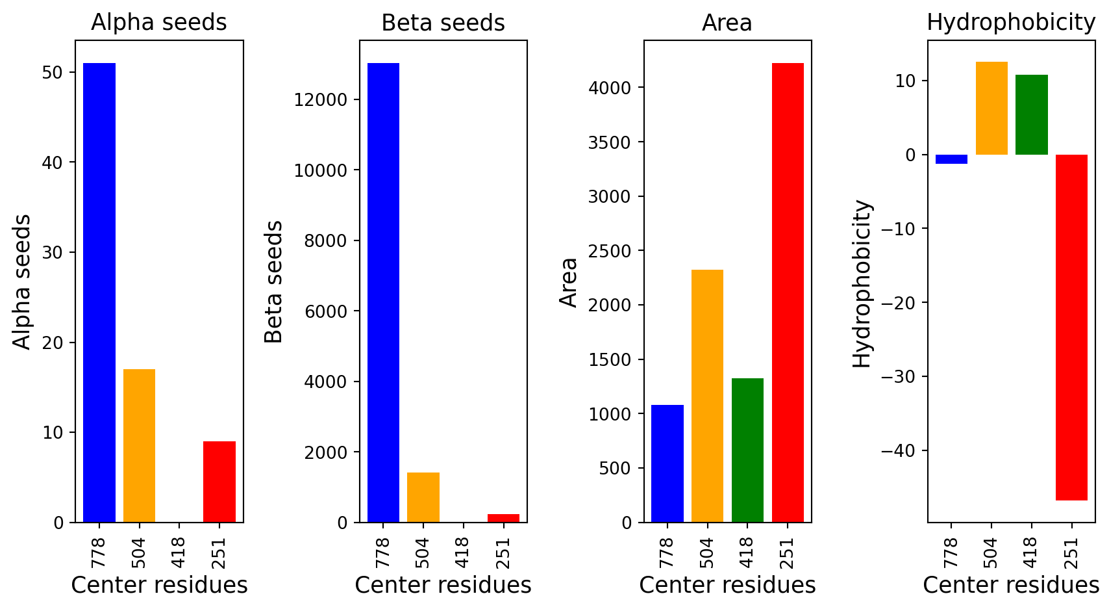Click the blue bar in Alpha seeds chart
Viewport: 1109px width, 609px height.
(99, 292)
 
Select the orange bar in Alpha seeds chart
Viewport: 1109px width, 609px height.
(139, 445)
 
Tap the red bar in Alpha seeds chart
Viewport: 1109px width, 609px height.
(219, 482)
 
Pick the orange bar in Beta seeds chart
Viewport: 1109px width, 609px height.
(423, 497)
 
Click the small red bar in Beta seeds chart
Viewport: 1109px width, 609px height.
(503, 518)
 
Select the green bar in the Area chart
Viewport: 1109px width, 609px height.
(747, 450)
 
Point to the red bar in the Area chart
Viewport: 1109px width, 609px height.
(788, 292)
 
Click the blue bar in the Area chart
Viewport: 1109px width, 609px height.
(667, 463)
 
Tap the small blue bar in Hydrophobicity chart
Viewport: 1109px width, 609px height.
(952, 159)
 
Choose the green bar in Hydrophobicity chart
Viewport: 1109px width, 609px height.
(1032, 114)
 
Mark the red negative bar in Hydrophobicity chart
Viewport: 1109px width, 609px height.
(1072, 328)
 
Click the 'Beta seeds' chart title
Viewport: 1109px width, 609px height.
(443, 23)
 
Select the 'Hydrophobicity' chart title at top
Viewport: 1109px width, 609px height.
(1012, 23)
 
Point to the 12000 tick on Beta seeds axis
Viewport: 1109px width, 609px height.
(321, 99)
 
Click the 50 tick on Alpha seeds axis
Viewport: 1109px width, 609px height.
(53, 72)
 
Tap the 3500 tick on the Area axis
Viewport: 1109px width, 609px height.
(610, 142)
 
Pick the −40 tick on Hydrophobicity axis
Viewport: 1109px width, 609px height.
(897, 450)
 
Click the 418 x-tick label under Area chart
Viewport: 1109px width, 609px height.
(747, 553)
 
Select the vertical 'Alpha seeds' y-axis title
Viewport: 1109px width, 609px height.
(21, 282)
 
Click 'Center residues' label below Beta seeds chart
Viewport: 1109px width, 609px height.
(443, 585)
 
